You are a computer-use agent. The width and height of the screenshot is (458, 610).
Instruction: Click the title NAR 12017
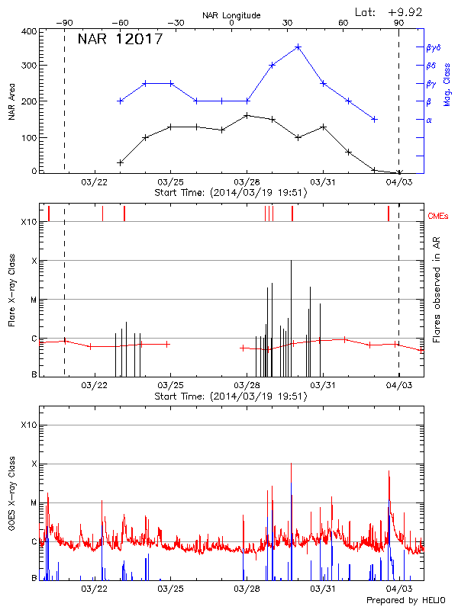pos(121,39)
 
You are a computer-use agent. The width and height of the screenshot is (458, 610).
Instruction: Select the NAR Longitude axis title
pos(231,14)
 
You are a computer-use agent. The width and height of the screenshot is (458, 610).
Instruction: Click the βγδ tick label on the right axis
pos(433,47)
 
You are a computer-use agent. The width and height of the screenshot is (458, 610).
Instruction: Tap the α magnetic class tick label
pos(428,120)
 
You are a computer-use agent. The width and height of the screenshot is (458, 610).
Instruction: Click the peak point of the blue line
pos(298,47)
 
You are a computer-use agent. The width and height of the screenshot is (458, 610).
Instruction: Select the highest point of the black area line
pos(247,115)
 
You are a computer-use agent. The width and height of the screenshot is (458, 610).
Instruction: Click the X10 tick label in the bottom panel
pos(29,425)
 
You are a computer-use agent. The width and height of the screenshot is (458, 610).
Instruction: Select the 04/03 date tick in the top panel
pos(398,183)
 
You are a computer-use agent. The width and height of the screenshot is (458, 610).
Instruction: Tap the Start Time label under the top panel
pos(231,193)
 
